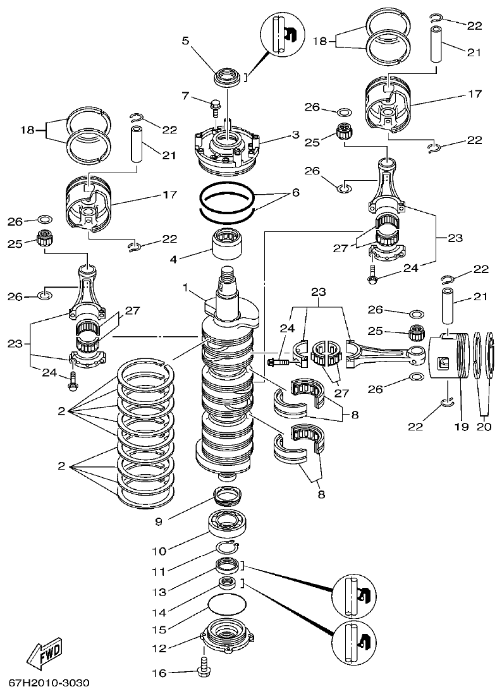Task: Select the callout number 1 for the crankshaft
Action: [186, 288]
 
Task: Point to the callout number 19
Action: [461, 427]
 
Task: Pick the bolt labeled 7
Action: [216, 107]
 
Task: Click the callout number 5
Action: [186, 41]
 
